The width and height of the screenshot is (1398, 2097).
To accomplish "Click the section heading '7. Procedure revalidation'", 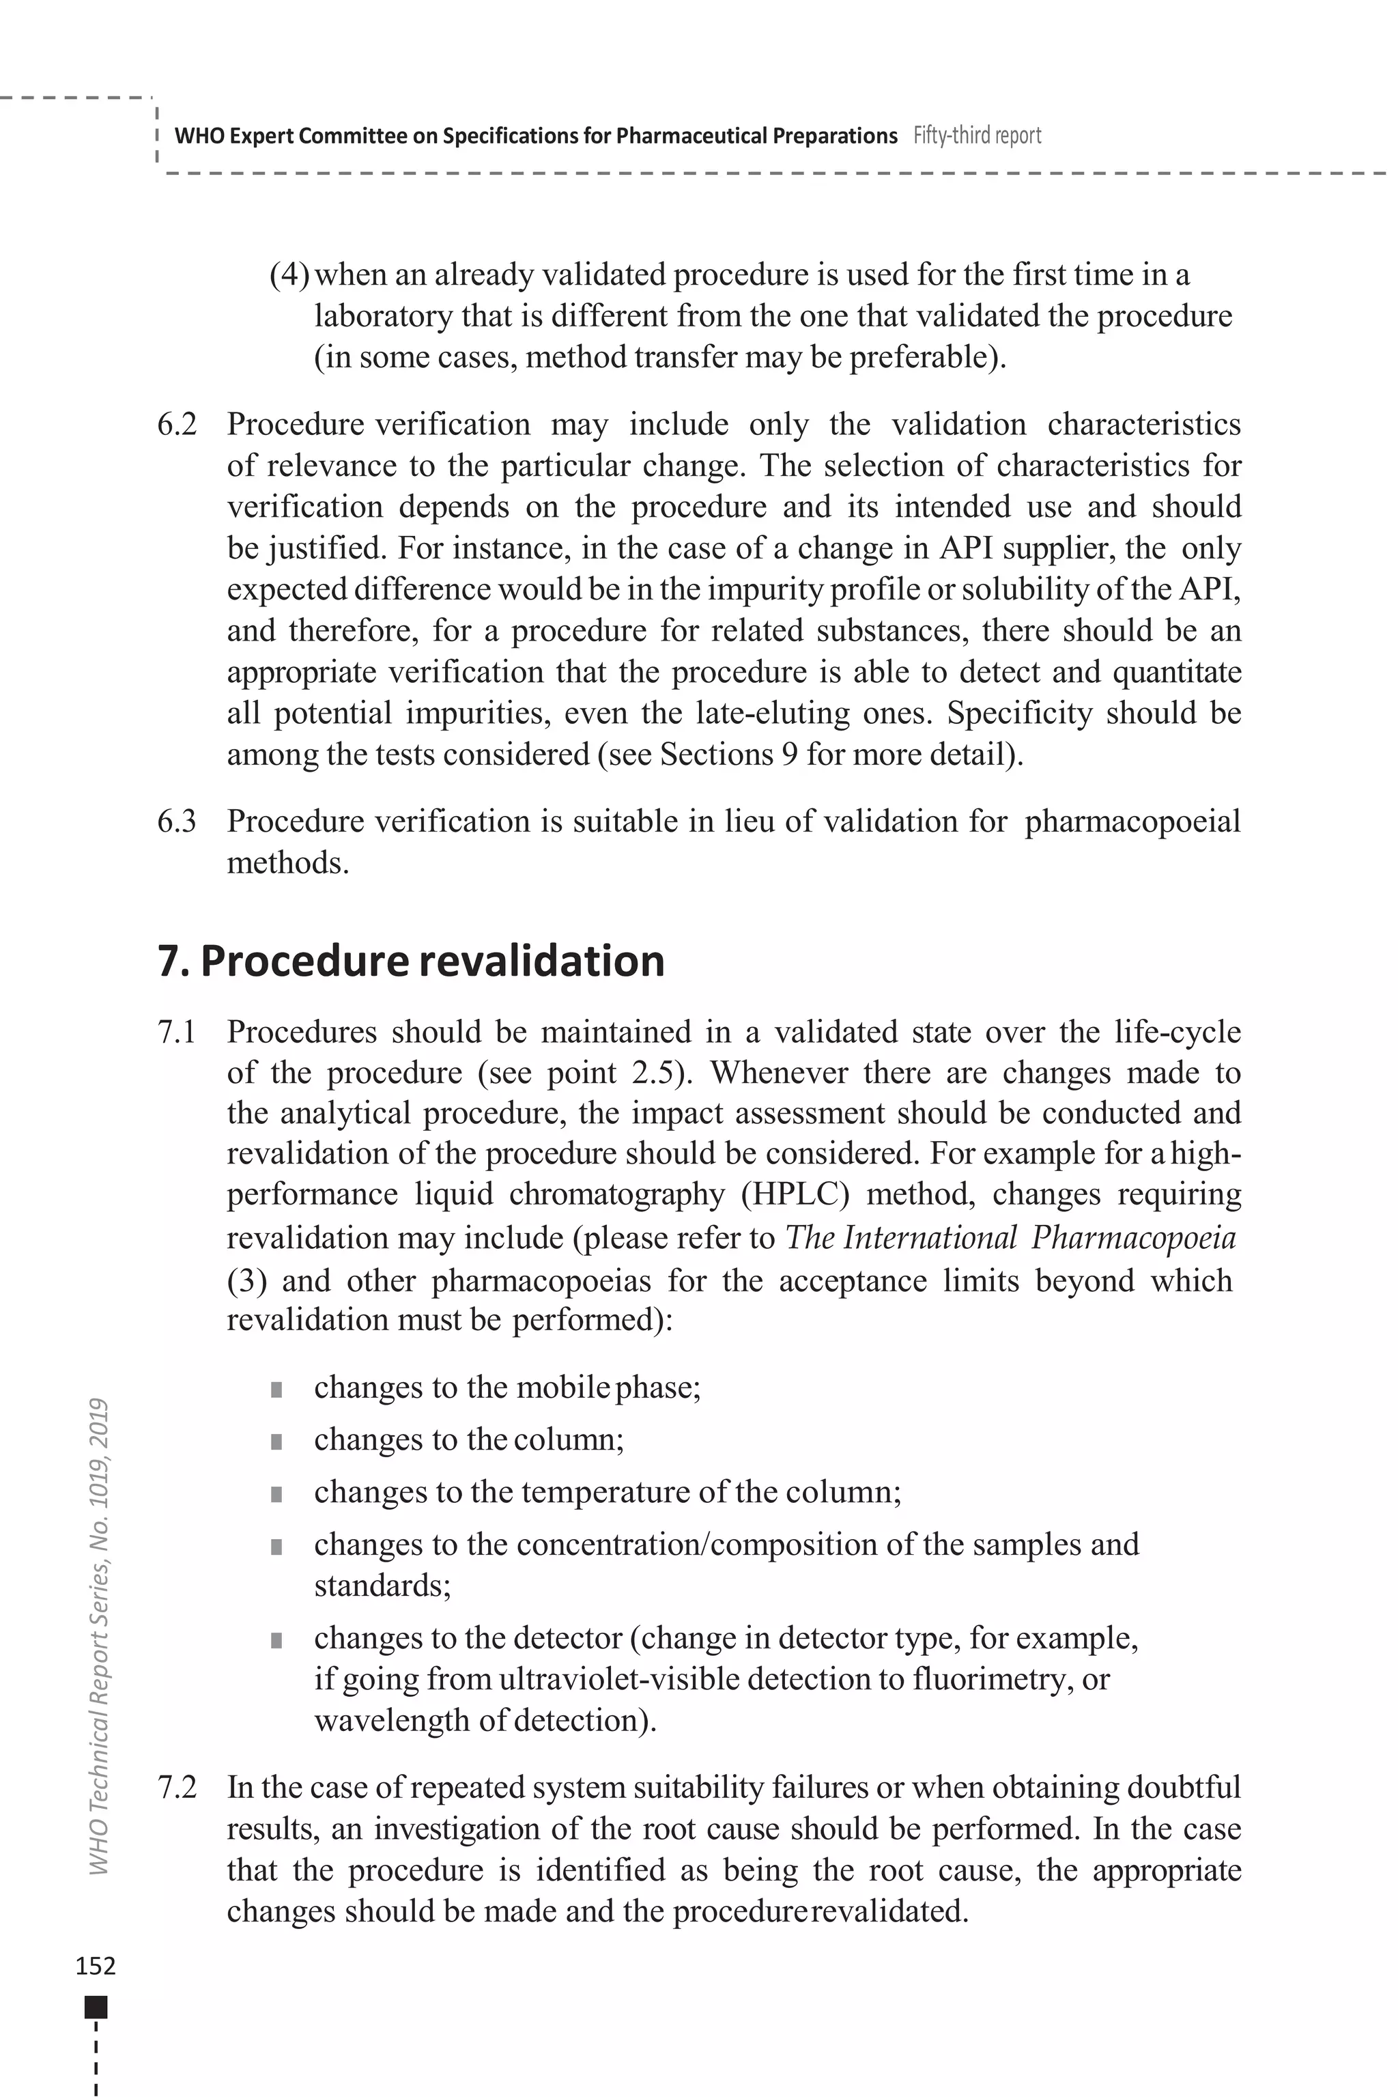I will (411, 961).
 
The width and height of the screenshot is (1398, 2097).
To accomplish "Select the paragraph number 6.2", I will (177, 425).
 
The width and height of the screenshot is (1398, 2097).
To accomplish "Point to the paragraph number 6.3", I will (177, 821).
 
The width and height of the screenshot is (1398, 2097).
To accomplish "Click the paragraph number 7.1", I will (177, 1032).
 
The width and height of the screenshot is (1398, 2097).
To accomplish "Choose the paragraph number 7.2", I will (177, 1788).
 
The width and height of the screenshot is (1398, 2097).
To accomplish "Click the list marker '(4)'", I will (289, 275).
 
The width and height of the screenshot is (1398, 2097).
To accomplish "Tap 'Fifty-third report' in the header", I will (978, 136).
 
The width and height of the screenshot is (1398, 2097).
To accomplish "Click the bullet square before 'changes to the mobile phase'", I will (276, 1390).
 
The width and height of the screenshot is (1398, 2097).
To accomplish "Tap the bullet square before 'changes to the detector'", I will (276, 1640).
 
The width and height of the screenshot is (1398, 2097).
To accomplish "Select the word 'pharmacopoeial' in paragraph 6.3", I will (1132, 821).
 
